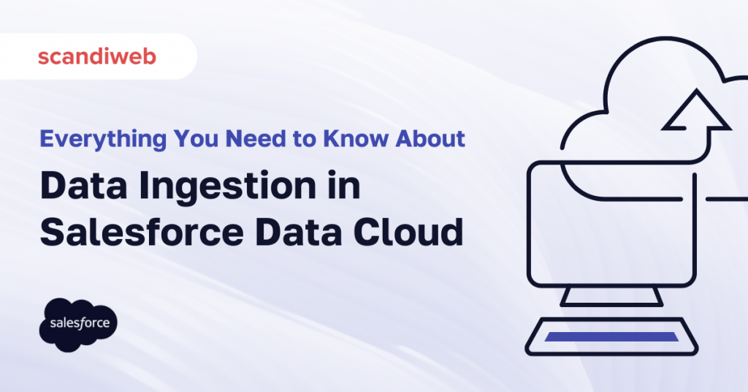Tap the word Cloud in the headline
click(x=416, y=233)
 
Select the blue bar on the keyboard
click(x=611, y=336)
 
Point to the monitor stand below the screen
click(x=611, y=295)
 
